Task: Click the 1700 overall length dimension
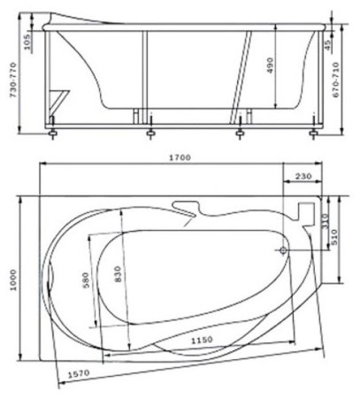(180, 157)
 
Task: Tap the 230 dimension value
(303, 176)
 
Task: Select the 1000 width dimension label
(14, 279)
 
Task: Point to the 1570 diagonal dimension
(79, 374)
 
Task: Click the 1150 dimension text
(202, 341)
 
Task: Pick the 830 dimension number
(118, 274)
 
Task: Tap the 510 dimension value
(334, 237)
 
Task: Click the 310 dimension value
(325, 221)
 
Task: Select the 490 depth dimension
(271, 65)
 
